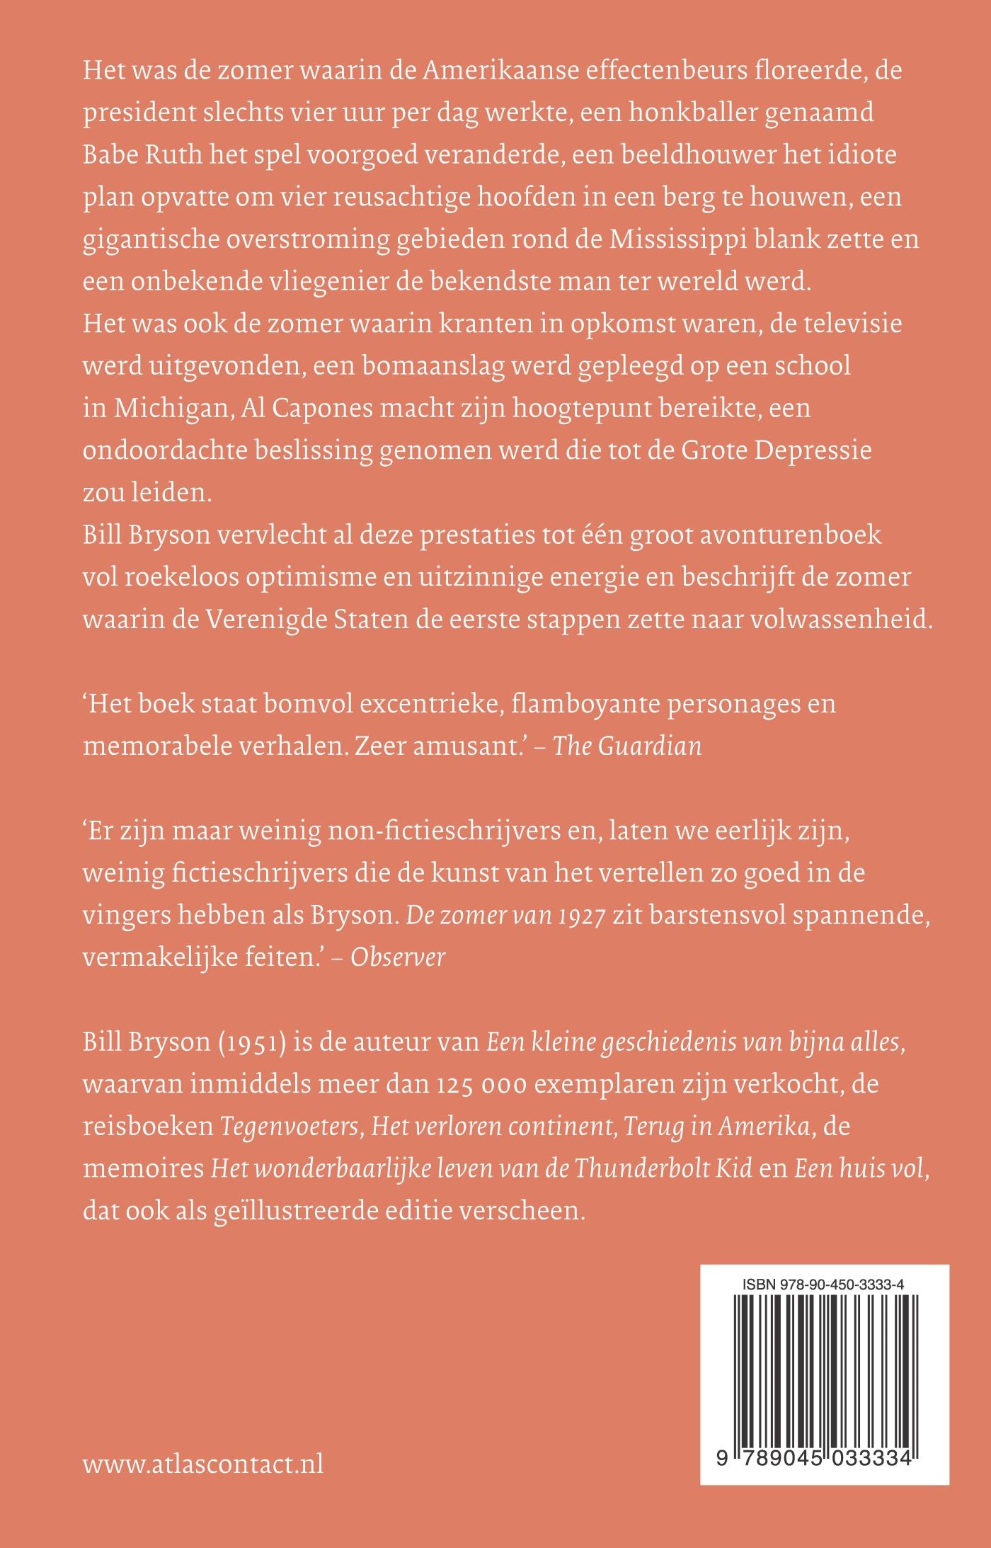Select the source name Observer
(x=398, y=957)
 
